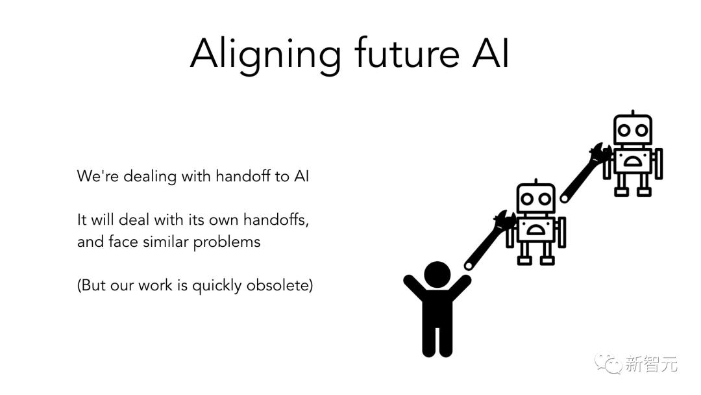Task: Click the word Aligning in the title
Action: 265,55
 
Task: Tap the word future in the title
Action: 407,53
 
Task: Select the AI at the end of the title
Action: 491,53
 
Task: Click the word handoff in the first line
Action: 243,176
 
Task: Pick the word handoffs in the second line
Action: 275,220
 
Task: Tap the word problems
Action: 227,242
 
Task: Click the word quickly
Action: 217,287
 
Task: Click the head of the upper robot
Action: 633,129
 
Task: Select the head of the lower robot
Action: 535,199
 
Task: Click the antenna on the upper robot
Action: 633,112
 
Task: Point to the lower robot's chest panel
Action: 535,230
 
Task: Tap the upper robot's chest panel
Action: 633,161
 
